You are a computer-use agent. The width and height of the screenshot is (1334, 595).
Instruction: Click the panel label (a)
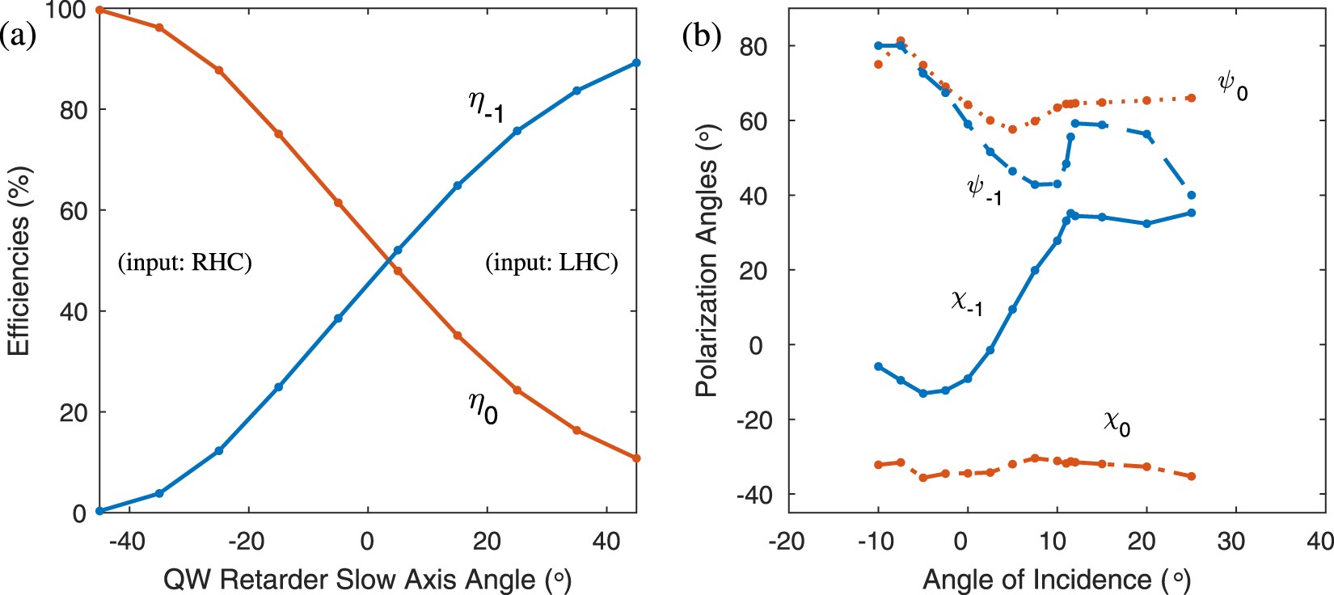[18, 37]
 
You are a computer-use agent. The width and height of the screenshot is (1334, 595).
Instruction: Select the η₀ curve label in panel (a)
[483, 406]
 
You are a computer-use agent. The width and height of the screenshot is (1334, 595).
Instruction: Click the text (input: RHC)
[185, 263]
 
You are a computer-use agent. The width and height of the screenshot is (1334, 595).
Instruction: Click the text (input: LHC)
[551, 263]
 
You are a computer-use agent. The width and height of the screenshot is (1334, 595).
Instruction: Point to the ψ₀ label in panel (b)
[1232, 86]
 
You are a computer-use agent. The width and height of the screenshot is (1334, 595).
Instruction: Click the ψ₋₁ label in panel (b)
[984, 191]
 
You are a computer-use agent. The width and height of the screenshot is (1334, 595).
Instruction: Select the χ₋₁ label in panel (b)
[967, 303]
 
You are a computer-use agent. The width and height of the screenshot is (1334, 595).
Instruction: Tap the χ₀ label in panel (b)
[1117, 422]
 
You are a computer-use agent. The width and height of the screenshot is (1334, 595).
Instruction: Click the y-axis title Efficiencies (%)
[19, 261]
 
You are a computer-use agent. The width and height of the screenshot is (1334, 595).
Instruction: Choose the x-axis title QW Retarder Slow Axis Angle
[367, 579]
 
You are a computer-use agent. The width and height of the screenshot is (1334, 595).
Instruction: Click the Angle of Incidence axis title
[1056, 579]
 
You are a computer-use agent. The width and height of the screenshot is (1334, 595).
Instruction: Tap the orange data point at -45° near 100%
[99, 10]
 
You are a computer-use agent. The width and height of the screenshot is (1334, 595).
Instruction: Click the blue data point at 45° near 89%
[636, 62]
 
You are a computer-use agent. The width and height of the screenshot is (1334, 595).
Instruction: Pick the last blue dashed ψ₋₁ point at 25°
[1191, 195]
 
